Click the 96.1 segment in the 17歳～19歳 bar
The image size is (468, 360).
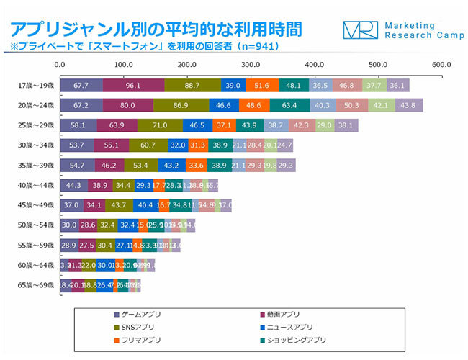pos(133,85)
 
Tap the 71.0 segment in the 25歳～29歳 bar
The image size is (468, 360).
pos(160,125)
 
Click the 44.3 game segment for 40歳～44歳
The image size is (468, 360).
pos(73,185)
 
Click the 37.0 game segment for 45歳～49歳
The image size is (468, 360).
pos(71,205)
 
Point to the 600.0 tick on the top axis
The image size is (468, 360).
pos(441,65)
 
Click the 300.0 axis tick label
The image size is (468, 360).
pos(251,65)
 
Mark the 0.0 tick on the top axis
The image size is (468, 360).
pos(60,65)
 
